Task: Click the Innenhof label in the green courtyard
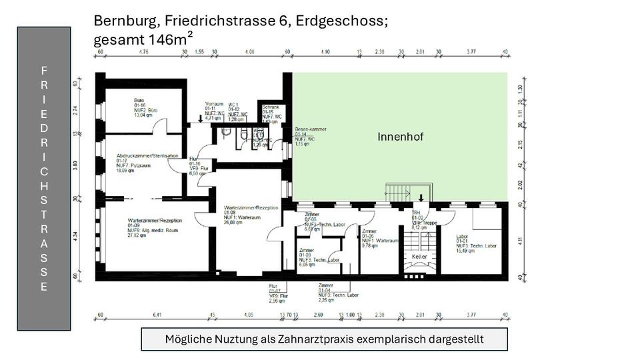[x=401, y=137]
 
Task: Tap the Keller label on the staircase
[x=419, y=256]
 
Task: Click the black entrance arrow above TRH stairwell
[x=421, y=197]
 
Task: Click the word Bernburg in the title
[x=123, y=21]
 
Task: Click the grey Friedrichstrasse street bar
[x=44, y=179]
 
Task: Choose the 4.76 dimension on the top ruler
[x=143, y=51]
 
